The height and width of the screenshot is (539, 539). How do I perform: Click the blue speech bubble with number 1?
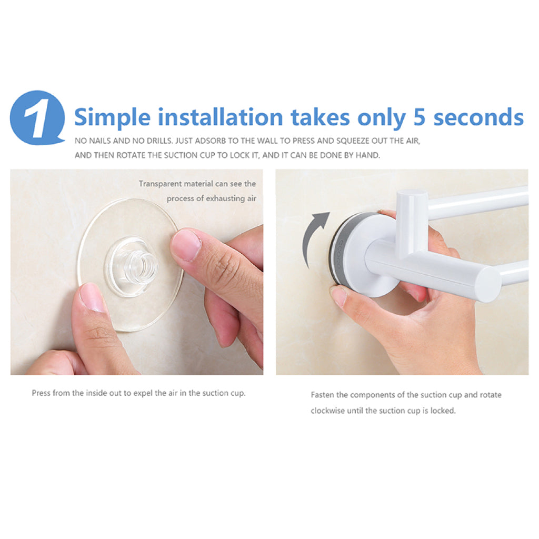tap(37, 117)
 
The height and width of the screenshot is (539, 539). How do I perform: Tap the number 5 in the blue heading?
tap(419, 117)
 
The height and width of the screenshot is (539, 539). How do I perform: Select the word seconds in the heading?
tap(478, 117)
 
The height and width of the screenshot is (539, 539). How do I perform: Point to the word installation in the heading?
tap(221, 117)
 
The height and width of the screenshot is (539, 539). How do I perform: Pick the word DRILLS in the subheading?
tap(159, 141)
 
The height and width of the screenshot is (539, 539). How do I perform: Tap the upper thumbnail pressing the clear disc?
tap(186, 244)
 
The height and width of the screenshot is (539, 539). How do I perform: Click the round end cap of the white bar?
tap(488, 284)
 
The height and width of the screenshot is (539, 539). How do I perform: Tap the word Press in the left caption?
tap(41, 393)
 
